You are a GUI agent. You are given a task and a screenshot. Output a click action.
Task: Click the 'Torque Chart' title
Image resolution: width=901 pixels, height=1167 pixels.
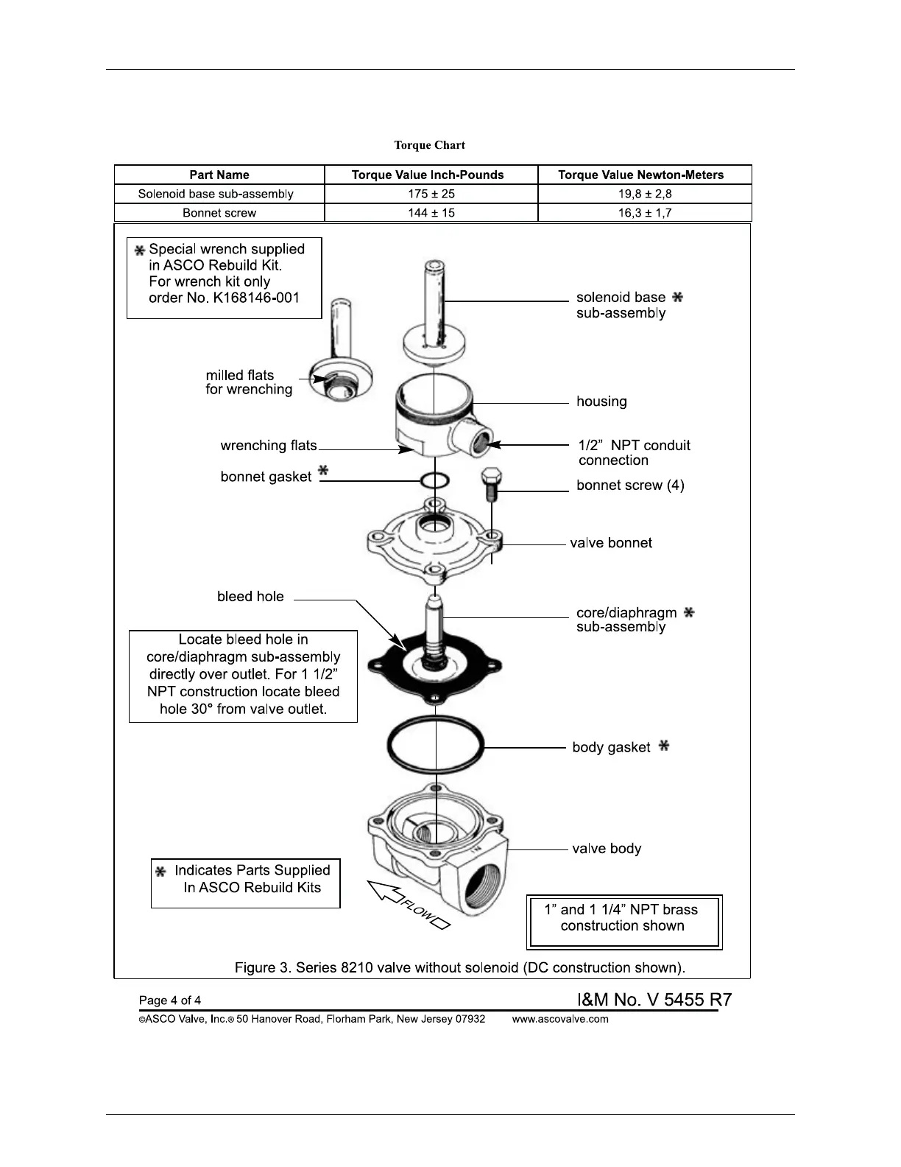(429, 145)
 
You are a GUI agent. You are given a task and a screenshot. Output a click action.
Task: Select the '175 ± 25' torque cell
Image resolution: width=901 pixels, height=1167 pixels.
(431, 194)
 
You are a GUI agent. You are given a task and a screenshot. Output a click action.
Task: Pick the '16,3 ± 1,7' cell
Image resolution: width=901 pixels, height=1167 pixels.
(645, 213)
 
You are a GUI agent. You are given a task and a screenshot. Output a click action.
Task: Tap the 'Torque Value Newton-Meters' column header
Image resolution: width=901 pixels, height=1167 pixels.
(640, 175)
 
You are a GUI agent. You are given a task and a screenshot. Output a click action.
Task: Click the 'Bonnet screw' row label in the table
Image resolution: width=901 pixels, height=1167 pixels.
(219, 213)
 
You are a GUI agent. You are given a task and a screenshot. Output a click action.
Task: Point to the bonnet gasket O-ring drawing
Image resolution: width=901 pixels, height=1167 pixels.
(435, 481)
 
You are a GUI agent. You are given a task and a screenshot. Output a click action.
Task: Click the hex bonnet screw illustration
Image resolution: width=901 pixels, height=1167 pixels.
(491, 483)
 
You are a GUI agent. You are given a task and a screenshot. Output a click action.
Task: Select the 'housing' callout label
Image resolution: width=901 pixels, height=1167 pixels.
(601, 402)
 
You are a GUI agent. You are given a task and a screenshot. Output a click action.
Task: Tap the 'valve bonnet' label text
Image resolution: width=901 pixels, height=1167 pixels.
(611, 543)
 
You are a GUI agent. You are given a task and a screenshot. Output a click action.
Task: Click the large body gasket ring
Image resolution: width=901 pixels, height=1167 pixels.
(435, 746)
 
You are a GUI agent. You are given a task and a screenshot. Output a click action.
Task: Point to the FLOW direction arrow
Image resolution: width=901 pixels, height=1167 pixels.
(407, 905)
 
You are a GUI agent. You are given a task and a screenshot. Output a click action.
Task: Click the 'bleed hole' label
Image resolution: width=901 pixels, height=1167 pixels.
(250, 597)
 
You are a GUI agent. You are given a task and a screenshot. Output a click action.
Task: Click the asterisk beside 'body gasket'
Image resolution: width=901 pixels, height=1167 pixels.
(664, 746)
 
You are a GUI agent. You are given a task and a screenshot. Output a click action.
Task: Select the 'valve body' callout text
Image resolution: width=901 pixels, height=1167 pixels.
(607, 849)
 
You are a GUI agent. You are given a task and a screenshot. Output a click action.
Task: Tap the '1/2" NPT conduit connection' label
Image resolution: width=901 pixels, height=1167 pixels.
(634, 452)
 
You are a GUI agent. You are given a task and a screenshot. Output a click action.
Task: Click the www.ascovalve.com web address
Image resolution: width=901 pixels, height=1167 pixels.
(560, 1019)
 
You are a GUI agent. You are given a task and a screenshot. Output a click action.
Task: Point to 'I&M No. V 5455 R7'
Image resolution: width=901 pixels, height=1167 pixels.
(654, 1000)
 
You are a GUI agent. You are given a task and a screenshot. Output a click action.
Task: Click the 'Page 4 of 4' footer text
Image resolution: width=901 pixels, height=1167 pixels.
(170, 1000)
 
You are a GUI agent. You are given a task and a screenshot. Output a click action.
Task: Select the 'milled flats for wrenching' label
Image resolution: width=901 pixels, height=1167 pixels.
(249, 382)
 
